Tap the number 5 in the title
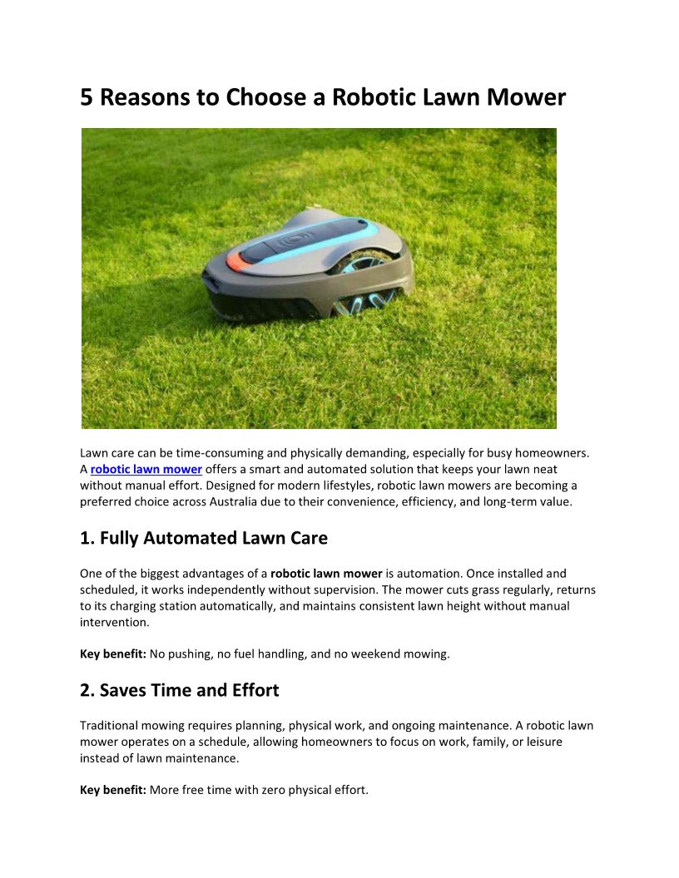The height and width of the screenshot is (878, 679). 87,98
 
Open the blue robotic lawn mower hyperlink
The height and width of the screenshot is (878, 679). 146,470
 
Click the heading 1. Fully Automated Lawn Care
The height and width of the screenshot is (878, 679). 204,538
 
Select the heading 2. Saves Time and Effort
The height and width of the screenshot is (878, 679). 180,690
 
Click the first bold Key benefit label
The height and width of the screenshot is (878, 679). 113,654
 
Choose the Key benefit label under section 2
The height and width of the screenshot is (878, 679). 113,790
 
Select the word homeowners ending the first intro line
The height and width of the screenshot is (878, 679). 553,453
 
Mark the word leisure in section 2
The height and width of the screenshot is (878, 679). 539,742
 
